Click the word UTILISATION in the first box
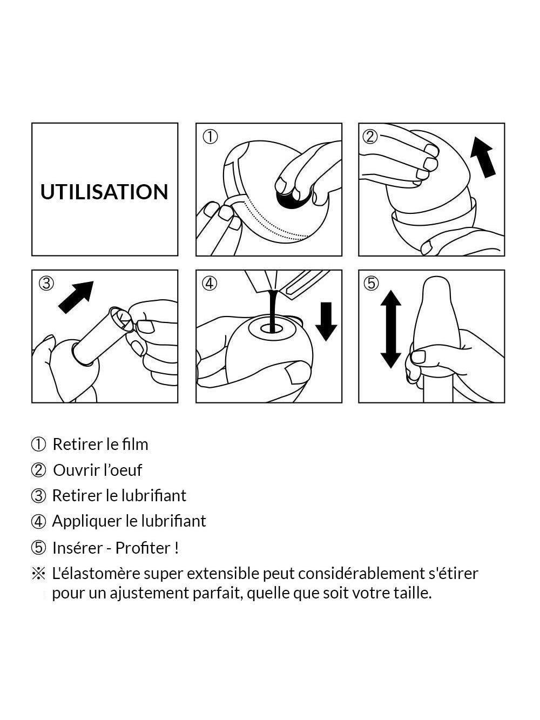[104, 192]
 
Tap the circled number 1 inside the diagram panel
[210, 137]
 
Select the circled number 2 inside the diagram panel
[370, 137]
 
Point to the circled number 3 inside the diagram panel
[46, 284]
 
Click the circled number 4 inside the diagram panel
[210, 284]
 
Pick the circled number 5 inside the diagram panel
[371, 284]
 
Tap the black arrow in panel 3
[76, 298]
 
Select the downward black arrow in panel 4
[326, 322]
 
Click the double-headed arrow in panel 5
[391, 329]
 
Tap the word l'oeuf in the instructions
[123, 470]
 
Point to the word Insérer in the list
[78, 548]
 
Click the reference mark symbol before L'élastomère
[38, 574]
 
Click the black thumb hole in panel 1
[290, 201]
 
